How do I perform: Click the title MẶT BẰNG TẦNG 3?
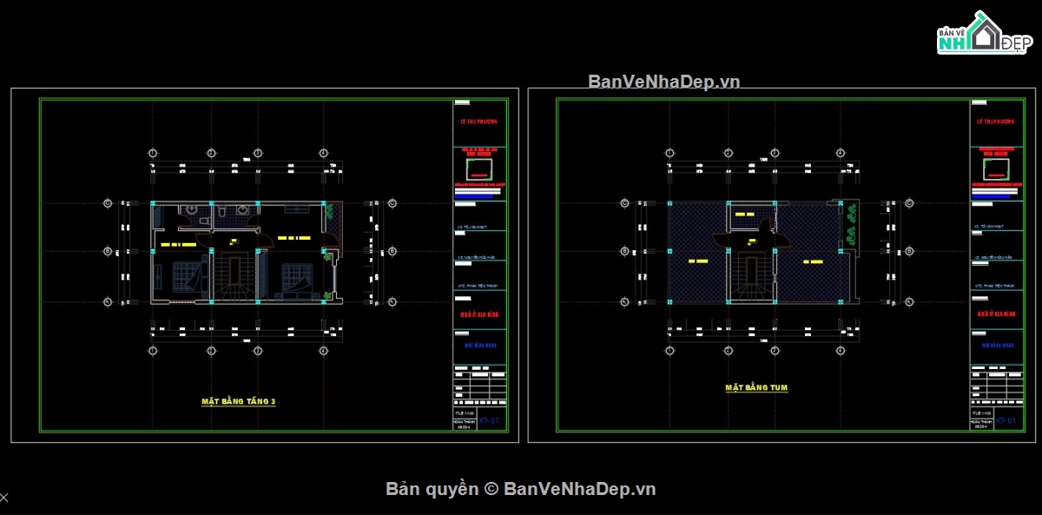click(239, 401)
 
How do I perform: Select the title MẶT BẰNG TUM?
click(756, 387)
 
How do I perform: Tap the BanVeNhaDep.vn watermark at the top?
click(663, 82)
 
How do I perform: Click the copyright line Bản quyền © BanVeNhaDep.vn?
click(521, 489)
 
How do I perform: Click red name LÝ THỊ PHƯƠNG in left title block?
click(479, 122)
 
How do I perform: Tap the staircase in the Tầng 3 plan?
click(234, 276)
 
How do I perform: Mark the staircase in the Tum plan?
click(749, 276)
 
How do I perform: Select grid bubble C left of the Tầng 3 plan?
click(108, 204)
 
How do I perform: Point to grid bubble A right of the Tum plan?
click(910, 301)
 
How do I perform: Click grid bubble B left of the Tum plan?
click(624, 252)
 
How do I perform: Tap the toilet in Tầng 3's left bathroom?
click(191, 210)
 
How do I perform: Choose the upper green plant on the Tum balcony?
click(849, 211)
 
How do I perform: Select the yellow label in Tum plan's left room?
click(698, 261)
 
